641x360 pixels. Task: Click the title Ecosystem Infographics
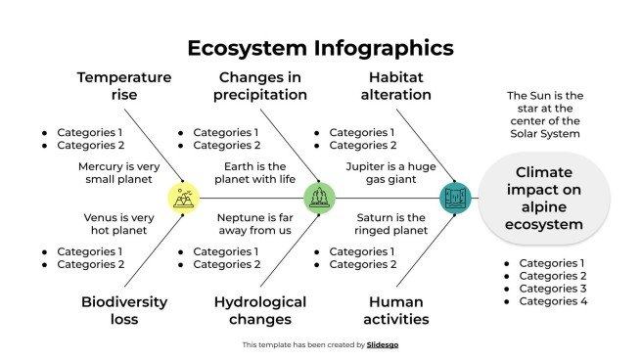(320, 48)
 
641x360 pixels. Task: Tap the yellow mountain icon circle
(183, 198)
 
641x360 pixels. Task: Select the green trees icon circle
(319, 198)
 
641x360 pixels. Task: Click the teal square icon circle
(455, 198)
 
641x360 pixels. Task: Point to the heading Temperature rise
(124, 86)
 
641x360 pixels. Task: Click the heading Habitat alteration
(399, 86)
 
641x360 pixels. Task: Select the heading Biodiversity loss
(124, 310)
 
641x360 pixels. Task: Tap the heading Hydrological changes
(260, 310)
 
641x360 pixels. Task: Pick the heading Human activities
(399, 310)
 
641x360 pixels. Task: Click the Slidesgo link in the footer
(382, 344)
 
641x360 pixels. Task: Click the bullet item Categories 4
(552, 301)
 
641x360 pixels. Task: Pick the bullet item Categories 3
(552, 289)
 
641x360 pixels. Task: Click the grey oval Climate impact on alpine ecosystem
(544, 199)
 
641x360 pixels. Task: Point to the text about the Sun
(544, 113)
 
